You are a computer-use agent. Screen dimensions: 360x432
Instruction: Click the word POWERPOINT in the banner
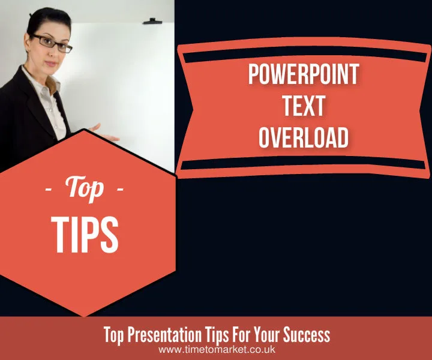(303, 75)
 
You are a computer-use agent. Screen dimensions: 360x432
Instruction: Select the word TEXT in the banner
(303, 106)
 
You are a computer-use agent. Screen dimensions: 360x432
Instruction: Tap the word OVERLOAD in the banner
(303, 137)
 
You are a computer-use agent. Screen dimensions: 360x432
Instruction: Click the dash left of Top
(49, 191)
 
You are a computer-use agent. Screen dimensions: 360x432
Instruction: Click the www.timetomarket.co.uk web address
(217, 349)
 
